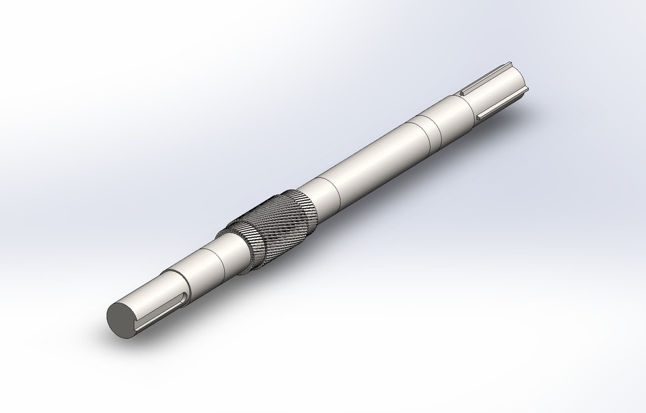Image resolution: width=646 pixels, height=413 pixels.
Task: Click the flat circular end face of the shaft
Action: pos(120,318)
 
